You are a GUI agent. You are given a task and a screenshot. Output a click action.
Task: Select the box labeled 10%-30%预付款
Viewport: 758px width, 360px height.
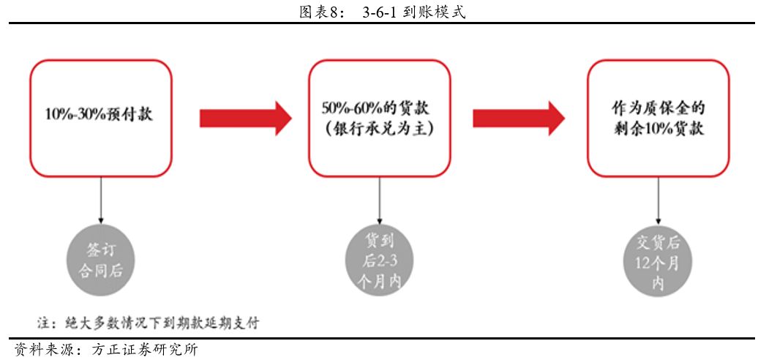click(100, 117)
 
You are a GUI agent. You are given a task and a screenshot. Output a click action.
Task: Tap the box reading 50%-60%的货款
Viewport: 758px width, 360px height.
click(379, 117)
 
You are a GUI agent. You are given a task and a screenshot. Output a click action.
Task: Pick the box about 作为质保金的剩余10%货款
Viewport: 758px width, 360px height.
click(658, 117)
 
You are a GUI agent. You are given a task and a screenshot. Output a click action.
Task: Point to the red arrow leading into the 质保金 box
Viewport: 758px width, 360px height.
click(519, 117)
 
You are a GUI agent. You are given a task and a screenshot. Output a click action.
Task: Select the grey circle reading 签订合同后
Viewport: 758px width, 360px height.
click(100, 259)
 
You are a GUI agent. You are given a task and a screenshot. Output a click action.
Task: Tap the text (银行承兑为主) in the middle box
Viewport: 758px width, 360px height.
click(379, 129)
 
